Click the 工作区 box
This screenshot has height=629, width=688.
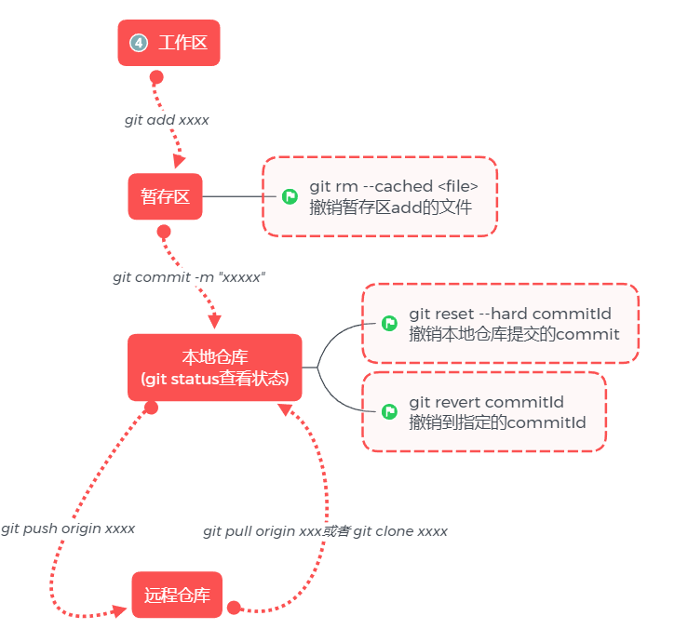point(169,43)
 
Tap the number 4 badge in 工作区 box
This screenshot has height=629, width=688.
point(139,43)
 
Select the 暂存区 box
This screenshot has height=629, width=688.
point(165,196)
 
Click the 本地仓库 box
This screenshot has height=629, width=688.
point(214,368)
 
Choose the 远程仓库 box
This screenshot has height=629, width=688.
point(177,595)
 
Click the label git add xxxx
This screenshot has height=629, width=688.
point(167,120)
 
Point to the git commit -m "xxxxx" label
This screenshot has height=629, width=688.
point(189,277)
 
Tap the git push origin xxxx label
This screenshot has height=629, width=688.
point(68,529)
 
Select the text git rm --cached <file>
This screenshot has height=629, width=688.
point(394,187)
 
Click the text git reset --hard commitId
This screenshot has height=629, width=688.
point(500,314)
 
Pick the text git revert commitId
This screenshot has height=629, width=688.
point(486,403)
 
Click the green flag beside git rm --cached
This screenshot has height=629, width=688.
point(290,196)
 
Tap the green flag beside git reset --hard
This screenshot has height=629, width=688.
point(389,323)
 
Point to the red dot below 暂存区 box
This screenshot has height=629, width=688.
point(164,231)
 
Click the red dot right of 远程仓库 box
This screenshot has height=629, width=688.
point(234,608)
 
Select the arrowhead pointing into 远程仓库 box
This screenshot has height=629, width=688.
point(119,610)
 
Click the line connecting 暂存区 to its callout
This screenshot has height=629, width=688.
point(233,196)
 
